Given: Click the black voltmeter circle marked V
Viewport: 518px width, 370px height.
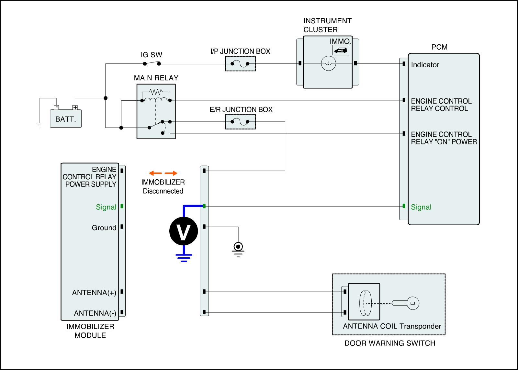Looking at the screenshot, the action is [184, 231].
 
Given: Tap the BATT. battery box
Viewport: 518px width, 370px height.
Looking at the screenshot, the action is [66, 118].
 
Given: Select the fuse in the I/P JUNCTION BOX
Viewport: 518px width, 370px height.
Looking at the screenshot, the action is [240, 63].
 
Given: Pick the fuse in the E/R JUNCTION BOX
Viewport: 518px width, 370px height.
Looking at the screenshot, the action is [240, 122].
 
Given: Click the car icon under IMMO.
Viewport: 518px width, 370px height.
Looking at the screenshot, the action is [340, 50].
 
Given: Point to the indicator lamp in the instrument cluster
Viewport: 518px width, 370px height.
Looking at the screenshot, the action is [328, 63].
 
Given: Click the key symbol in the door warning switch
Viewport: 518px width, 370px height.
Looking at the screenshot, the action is [405, 303].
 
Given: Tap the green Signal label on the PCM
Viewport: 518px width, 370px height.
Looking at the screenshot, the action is [421, 207].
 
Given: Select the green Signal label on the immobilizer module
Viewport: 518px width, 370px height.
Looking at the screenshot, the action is [106, 207].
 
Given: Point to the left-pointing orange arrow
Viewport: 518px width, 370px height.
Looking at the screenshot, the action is [155, 173].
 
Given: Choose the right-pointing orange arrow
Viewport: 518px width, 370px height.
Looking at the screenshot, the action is [171, 173].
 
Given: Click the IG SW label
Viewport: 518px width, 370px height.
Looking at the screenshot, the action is [152, 55].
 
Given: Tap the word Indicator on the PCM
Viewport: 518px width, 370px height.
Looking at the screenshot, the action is [425, 65].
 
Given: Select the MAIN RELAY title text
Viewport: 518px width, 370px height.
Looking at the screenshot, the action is [156, 78].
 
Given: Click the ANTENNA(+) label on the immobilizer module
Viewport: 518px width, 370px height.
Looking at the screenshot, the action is [94, 293].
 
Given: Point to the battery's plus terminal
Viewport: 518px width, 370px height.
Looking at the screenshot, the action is [75, 107].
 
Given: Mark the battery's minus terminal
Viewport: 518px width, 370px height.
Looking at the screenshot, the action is [56, 107].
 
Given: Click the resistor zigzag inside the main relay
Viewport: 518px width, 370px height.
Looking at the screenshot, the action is [156, 92].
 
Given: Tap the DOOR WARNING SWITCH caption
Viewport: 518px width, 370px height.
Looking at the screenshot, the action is [390, 343].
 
